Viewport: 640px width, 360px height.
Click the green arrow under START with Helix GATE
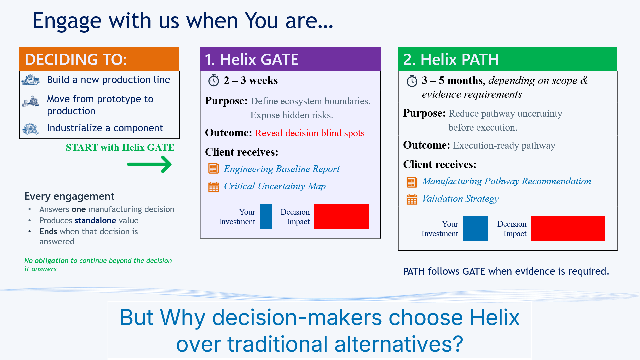(x=149, y=164)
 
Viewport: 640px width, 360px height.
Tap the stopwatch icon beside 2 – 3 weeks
(x=213, y=80)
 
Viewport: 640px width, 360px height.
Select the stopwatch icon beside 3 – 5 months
(x=412, y=81)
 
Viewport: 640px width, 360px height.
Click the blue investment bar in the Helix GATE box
(x=266, y=216)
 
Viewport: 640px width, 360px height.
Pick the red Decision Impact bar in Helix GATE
(x=342, y=216)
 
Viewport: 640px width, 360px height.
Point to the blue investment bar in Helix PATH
(x=475, y=229)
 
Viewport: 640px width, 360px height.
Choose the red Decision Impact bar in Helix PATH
(x=568, y=229)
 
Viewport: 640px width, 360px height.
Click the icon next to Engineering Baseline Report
(x=214, y=168)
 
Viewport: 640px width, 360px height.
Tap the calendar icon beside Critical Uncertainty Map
(x=214, y=187)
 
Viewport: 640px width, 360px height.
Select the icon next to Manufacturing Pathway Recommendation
(x=412, y=182)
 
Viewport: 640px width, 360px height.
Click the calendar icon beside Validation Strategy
(x=412, y=199)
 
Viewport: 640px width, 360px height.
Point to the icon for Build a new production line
(x=31, y=80)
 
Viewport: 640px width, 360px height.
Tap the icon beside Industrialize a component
(x=31, y=129)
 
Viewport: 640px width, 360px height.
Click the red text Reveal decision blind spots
(x=310, y=133)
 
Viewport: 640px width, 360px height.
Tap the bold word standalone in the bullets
(x=95, y=220)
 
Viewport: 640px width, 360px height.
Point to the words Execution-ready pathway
(x=504, y=146)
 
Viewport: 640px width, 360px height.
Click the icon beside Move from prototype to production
(x=31, y=101)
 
